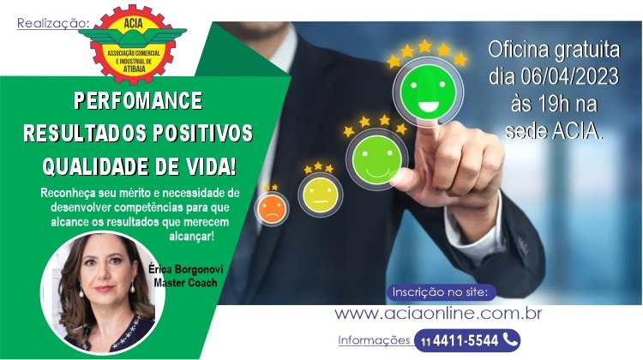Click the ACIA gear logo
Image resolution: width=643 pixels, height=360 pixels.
click(x=132, y=44)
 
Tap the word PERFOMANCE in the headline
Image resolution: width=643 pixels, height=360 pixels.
click(x=138, y=101)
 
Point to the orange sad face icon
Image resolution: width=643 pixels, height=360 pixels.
click(x=272, y=208)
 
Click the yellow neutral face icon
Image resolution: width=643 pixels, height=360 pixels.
click(x=321, y=195)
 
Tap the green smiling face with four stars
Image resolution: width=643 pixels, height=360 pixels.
click(x=377, y=159)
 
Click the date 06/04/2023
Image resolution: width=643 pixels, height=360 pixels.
click(x=569, y=76)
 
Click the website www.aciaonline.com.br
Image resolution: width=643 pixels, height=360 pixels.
click(x=438, y=314)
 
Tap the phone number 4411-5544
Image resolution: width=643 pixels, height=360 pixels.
click(x=466, y=341)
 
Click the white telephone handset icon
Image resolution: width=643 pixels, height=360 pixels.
click(x=510, y=339)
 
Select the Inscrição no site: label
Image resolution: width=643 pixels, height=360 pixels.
click(x=440, y=292)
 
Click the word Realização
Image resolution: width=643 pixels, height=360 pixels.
click(x=52, y=24)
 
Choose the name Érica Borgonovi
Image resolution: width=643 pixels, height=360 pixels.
click(x=186, y=269)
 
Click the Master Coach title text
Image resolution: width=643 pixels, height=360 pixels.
click(x=185, y=283)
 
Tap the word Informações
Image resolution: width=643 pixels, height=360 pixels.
click(x=374, y=340)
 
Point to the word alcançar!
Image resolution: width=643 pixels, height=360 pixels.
click(x=191, y=237)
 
